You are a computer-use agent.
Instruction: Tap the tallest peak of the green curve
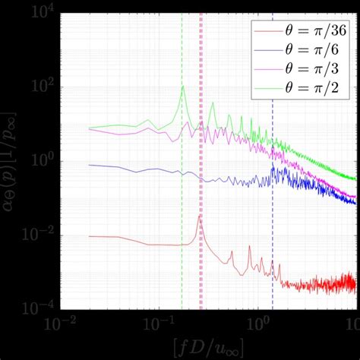coord(182,87)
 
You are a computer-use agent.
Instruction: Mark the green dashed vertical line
coord(182,228)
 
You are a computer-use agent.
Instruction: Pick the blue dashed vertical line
coord(273,228)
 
